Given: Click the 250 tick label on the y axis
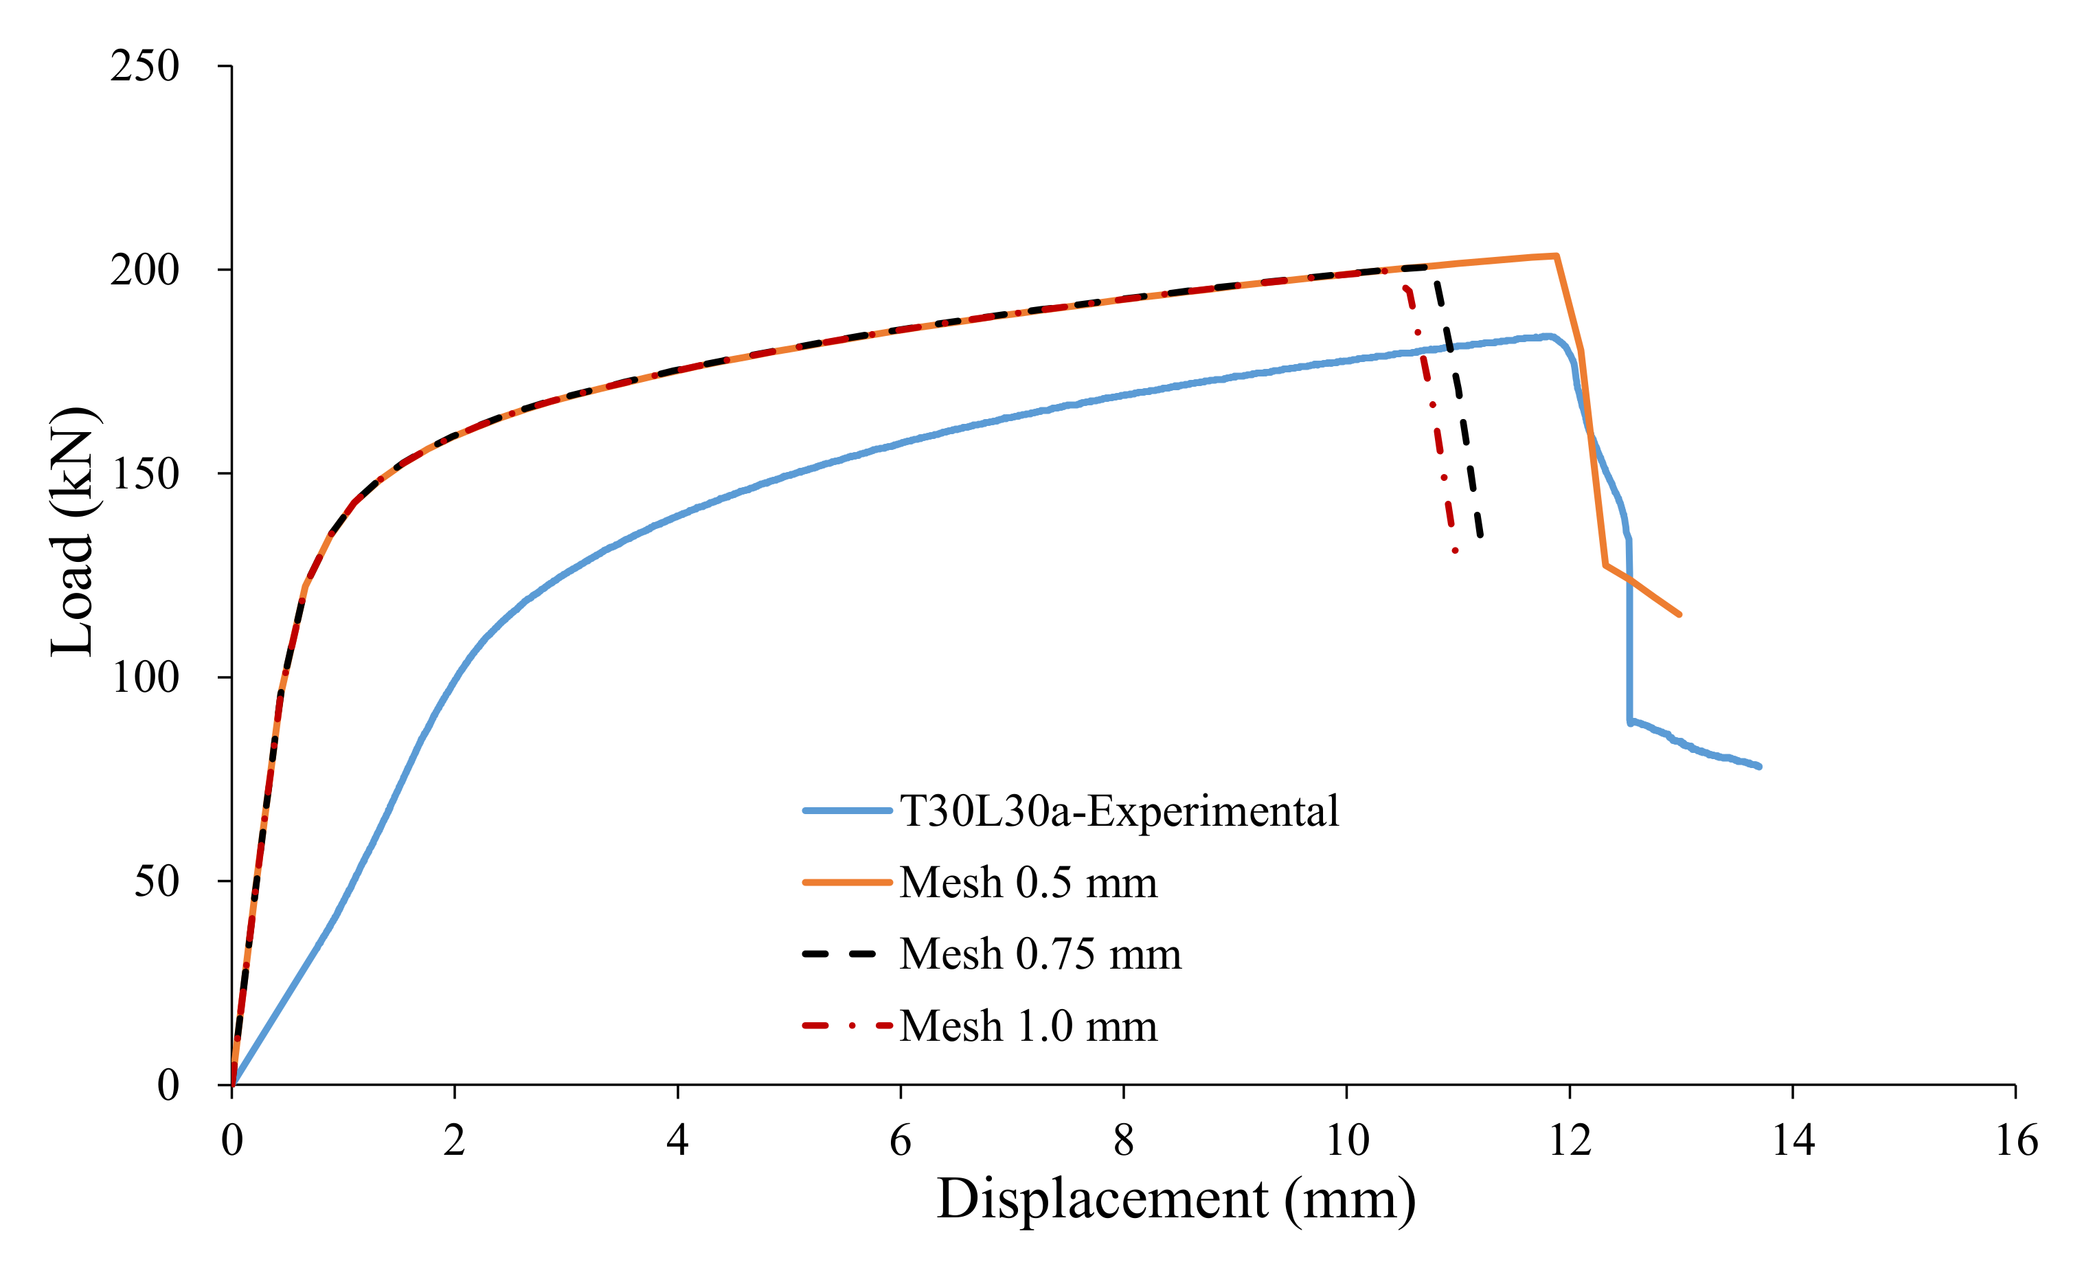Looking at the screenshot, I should (144, 66).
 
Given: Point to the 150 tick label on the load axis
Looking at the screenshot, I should (144, 474).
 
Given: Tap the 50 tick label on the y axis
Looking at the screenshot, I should (157, 881).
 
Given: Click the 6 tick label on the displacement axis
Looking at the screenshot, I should (901, 1140).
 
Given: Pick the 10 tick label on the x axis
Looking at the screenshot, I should (1347, 1140).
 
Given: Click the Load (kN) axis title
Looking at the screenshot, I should (73, 532).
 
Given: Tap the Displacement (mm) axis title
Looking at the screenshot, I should (1177, 1199).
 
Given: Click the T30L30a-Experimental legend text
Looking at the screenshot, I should (1119, 811).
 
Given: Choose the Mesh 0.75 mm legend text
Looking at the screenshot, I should (1040, 954).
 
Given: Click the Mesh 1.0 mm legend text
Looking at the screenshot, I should (1028, 1026).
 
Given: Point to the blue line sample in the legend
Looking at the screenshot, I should (847, 811).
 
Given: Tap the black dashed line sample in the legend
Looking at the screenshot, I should (840, 954).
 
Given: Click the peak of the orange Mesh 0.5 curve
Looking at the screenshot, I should (1555, 256).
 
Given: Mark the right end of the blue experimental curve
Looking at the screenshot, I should (1759, 766).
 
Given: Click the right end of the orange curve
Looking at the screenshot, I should (1679, 615).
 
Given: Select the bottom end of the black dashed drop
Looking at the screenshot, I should (1480, 536).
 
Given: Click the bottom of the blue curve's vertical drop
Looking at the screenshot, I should (1629, 722).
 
